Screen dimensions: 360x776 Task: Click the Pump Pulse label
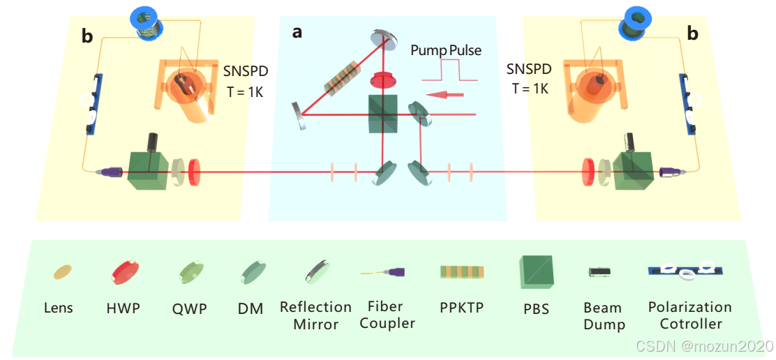point(445,50)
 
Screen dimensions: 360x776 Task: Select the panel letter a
point(297,33)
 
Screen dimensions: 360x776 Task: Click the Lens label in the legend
point(58,308)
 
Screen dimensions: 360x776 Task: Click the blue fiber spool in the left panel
point(147,23)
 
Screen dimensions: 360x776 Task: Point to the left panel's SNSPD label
point(245,71)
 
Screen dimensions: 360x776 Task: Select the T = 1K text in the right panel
point(530,89)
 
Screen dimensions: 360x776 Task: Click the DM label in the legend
point(250,308)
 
